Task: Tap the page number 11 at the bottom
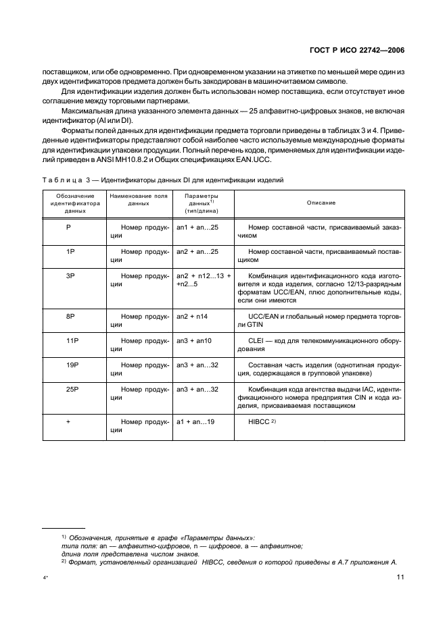tap(400, 577)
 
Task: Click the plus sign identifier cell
tap(70, 421)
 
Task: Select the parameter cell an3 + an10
tap(194, 341)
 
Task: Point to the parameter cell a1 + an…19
tap(195, 421)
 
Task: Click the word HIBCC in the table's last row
tap(260, 421)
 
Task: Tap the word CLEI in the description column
tap(257, 341)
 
